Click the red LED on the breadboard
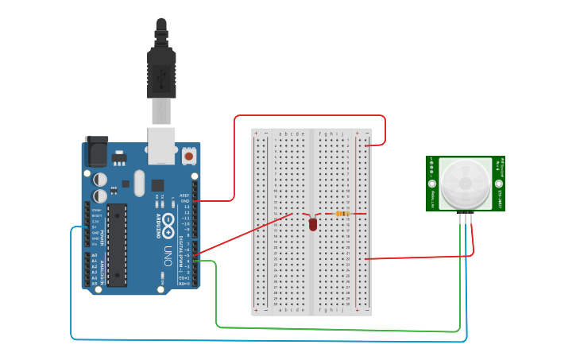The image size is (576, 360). coord(313,225)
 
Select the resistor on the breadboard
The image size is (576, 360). coord(343,213)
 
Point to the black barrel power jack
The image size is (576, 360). coord(95,150)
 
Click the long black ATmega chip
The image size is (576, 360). coord(117,243)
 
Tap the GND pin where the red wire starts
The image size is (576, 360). coord(195,201)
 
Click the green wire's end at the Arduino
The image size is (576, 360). coord(195,261)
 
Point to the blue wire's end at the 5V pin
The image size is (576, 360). coord(87,227)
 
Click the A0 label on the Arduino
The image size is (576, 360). coord(95,255)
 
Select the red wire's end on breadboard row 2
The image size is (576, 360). coord(365,145)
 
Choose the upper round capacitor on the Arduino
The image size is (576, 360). coord(102,180)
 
